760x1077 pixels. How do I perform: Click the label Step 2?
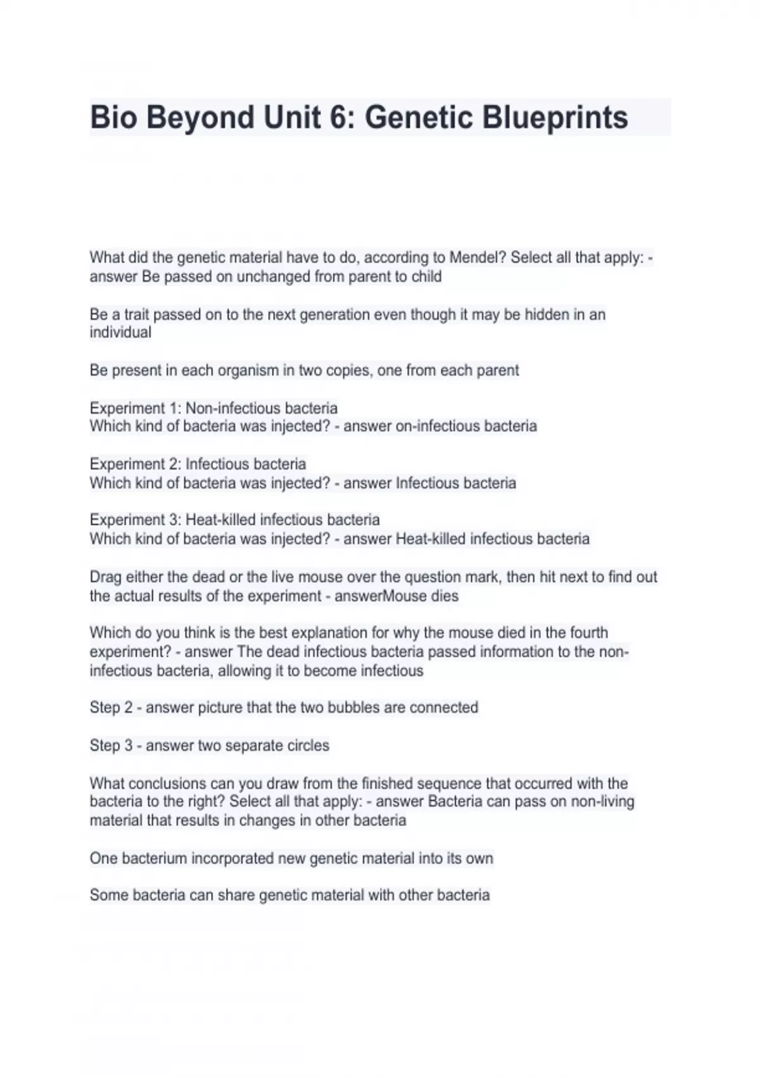[x=111, y=708]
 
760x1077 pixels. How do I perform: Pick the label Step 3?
[x=111, y=746]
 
